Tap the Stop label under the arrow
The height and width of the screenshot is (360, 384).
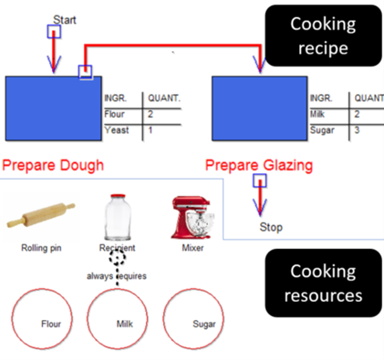click(x=271, y=227)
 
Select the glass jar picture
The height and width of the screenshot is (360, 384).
click(x=117, y=216)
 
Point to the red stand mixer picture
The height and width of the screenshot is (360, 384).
click(x=192, y=216)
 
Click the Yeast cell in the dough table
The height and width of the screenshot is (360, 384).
click(x=118, y=130)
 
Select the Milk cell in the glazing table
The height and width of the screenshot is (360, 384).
click(x=319, y=114)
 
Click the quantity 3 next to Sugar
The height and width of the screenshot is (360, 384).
click(x=358, y=130)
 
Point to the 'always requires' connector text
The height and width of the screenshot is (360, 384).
click(x=117, y=275)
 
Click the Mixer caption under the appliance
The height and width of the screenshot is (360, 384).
click(x=192, y=247)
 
